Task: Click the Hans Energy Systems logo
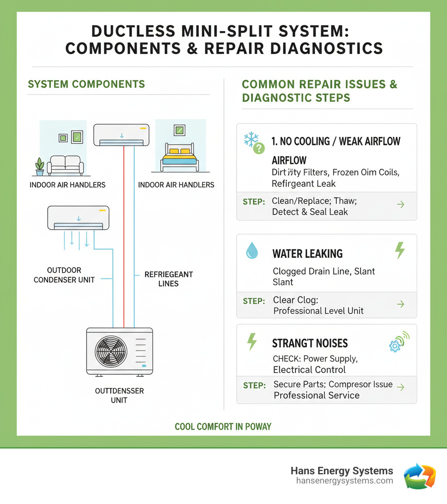tap(419, 476)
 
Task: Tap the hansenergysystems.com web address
tap(344, 481)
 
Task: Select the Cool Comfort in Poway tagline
tap(223, 426)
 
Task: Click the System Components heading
tap(86, 84)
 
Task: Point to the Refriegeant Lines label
tap(168, 279)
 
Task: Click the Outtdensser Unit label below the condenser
tap(119, 395)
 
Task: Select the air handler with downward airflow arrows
tap(78, 218)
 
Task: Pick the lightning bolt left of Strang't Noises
tap(252, 342)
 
